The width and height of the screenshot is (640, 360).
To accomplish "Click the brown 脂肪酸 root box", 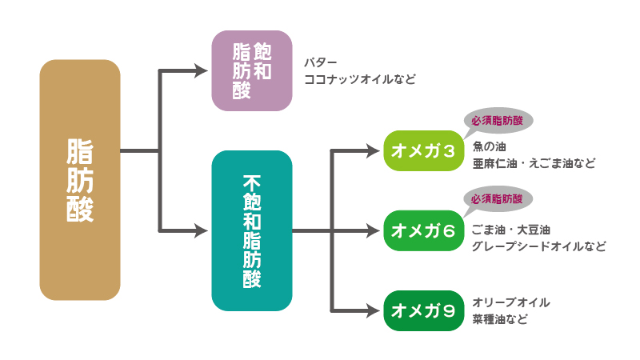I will pos(79,180).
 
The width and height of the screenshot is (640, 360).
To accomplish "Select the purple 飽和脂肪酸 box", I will pos(251,70).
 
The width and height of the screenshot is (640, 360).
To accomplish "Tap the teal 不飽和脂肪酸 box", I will pos(251,230).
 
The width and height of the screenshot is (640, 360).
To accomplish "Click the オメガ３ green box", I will pos(423,150).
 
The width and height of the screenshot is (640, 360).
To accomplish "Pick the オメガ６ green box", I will pos(423,231).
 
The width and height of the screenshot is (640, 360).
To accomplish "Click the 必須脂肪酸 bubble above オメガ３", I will pos(498,119).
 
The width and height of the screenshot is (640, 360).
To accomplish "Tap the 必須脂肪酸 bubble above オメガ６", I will pos(498,199).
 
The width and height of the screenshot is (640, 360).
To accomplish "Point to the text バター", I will pos(321,62).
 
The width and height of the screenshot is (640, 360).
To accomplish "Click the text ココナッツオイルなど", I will pos(360,79).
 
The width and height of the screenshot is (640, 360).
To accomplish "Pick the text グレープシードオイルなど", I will pos(538,246).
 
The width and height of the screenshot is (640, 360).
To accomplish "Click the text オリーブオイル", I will pos(511,302).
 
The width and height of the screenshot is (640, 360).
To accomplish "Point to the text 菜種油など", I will pos(500,319).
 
